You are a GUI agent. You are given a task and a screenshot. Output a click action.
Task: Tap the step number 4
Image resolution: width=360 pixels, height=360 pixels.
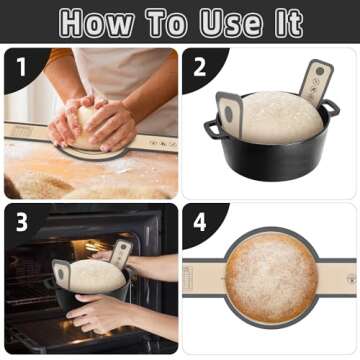coord(199,220)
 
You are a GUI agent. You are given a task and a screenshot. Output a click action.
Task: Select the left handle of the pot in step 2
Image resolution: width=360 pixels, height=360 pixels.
coord(211,128)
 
